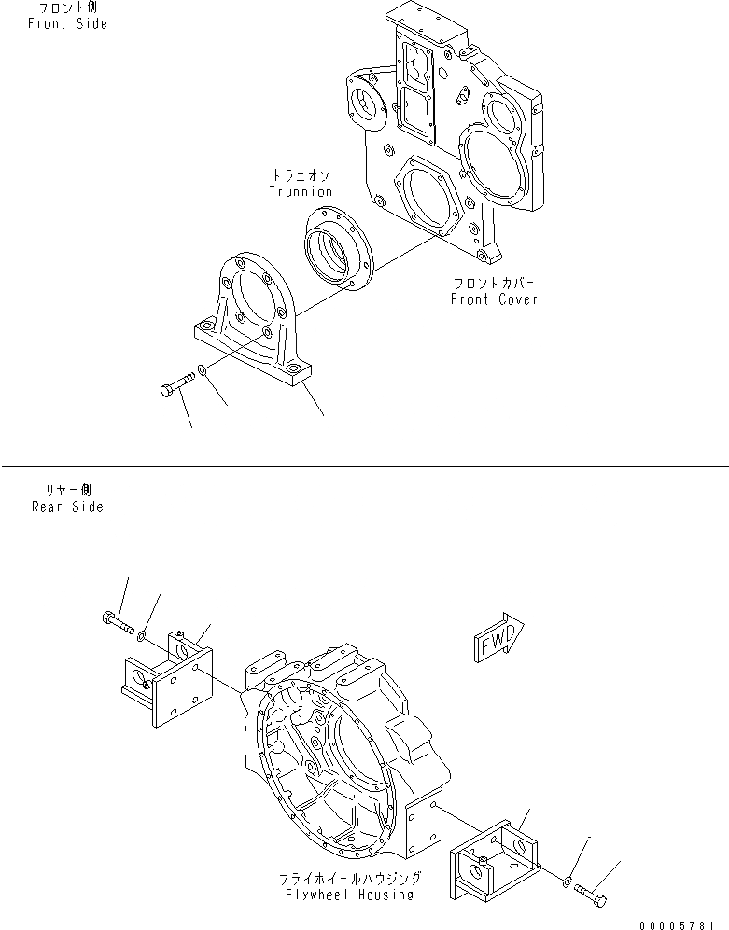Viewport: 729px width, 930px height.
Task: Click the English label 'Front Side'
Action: [x=67, y=23]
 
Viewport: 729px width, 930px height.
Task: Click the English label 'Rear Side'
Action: [x=67, y=507]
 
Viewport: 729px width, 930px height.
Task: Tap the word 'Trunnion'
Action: [x=301, y=191]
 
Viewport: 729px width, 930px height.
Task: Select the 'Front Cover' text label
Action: [x=494, y=299]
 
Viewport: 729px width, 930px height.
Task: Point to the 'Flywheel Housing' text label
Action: [x=350, y=895]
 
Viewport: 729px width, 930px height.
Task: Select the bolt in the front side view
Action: [x=175, y=385]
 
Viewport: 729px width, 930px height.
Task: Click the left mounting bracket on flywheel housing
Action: [x=164, y=678]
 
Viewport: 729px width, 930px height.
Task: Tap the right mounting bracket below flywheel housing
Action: [x=495, y=852]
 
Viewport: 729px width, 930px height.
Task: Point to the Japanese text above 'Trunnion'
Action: [x=301, y=174]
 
